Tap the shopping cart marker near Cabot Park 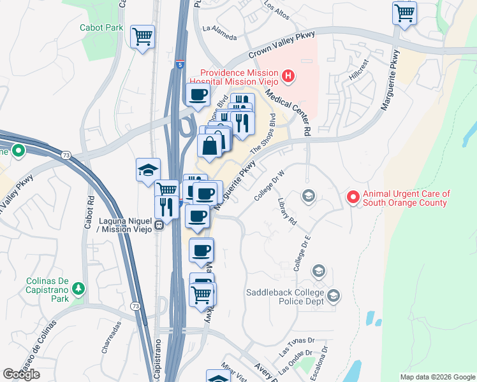(x=142, y=36)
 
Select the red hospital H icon (x=288, y=77)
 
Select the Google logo (x=21, y=374)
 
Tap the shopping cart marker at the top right (x=404, y=12)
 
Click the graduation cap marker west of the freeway (x=147, y=169)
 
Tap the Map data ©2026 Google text (x=437, y=377)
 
